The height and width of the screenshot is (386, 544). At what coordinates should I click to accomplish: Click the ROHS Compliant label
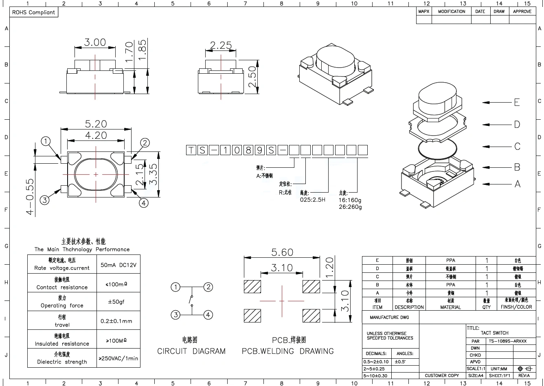[x=33, y=12]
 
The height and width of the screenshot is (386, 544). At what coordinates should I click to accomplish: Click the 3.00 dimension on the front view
[x=95, y=42]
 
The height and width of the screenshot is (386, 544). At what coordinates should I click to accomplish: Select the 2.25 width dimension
[x=221, y=45]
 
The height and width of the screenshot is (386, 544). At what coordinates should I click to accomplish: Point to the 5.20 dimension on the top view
[x=96, y=124]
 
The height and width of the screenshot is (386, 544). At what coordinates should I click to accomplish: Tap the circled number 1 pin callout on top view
[x=46, y=142]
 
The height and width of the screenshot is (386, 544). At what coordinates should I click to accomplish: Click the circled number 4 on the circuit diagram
[x=208, y=315]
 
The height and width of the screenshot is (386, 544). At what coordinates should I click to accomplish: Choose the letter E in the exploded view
[x=517, y=102]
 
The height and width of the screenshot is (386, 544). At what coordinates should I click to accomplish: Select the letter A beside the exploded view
[x=517, y=184]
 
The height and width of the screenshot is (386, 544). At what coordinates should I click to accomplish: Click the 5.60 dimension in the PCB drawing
[x=282, y=252]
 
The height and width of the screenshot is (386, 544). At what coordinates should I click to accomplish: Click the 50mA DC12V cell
[x=118, y=265]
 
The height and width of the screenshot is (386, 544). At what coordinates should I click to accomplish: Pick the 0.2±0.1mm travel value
[x=116, y=321]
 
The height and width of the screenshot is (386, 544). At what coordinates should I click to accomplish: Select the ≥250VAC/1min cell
[x=118, y=359]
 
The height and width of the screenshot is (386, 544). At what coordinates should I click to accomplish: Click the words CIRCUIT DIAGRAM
[x=191, y=351]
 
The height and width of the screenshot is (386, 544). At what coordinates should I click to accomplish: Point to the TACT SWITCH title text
[x=494, y=333]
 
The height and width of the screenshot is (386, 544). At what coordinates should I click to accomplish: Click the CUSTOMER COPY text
[x=442, y=375]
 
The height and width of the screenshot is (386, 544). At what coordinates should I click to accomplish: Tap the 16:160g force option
[x=350, y=200]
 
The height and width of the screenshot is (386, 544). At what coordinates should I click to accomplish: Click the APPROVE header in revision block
[x=522, y=11]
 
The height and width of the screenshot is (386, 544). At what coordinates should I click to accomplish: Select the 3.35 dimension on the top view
[x=153, y=174]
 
